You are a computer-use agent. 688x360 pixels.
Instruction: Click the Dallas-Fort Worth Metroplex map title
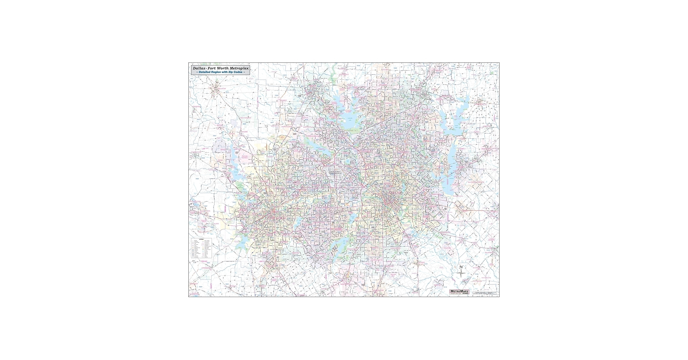[220, 68]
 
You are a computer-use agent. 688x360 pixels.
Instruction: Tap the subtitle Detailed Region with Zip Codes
[220, 72]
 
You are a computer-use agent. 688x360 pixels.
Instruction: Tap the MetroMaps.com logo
[459, 292]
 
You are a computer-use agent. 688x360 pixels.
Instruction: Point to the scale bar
[484, 293]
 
